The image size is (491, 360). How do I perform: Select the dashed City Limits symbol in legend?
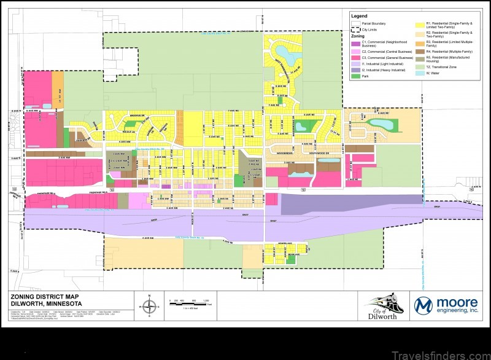coord(355,29)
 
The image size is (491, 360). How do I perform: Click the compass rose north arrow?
coord(147,305)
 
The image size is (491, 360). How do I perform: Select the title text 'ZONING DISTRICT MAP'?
coord(41,296)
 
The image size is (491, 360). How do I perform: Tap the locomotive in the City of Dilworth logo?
coord(382,302)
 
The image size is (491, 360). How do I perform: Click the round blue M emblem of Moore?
coord(424,305)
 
